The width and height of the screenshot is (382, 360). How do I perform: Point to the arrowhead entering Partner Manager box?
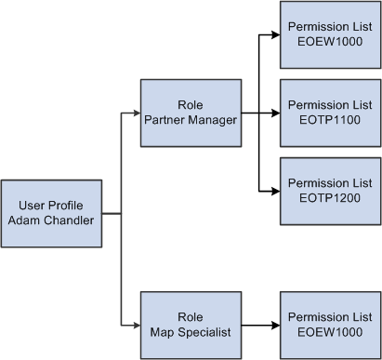pyautogui.click(x=135, y=113)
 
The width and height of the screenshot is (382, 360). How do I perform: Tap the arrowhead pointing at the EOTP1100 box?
pyautogui.click(x=274, y=113)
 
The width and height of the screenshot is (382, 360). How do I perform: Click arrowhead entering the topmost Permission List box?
pyautogui.click(x=274, y=35)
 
